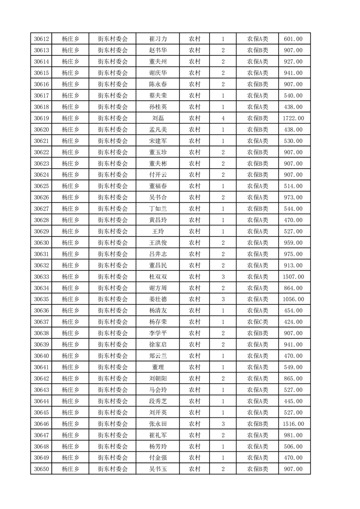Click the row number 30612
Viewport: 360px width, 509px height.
point(41,39)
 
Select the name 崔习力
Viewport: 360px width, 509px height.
point(158,39)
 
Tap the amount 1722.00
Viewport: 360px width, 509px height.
point(293,118)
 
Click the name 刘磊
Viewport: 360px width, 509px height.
point(158,118)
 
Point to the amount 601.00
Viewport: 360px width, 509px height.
point(293,39)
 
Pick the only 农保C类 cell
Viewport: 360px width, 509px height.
point(257,322)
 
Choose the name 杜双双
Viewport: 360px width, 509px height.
point(158,277)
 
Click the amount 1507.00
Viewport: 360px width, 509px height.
point(293,277)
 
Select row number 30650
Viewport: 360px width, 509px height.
point(41,469)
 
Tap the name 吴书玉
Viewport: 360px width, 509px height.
point(158,469)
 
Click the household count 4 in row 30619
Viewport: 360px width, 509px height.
point(223,118)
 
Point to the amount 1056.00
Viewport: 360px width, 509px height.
point(293,299)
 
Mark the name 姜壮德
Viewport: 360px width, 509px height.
point(158,299)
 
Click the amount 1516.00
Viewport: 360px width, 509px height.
point(293,424)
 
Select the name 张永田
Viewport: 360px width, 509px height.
point(158,424)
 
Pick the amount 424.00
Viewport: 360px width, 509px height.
point(293,322)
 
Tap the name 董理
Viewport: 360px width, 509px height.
point(158,367)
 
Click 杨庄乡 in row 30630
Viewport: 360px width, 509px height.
point(70,243)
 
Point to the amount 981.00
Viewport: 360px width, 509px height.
point(293,435)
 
